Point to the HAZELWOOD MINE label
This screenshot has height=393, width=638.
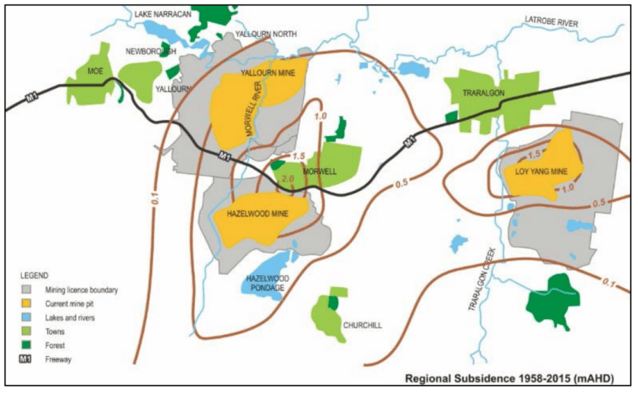pos(257,214)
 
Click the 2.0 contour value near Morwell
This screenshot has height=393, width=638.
pos(286,179)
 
